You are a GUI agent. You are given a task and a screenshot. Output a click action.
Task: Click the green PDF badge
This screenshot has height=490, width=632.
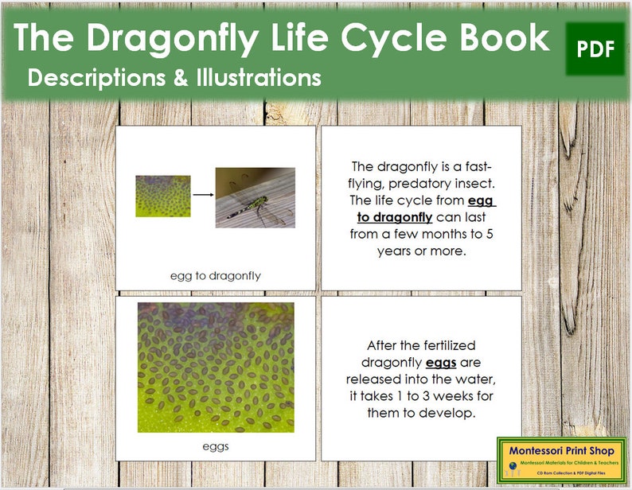coord(595,49)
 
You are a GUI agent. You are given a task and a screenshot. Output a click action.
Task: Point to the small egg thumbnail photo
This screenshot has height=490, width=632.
coord(162,196)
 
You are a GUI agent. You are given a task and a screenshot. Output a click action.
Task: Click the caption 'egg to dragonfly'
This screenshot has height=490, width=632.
coord(216,276)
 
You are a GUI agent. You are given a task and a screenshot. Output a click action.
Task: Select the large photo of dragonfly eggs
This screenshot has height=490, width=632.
coord(215,367)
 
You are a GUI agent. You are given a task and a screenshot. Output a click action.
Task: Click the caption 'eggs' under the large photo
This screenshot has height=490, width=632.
coord(215,445)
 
